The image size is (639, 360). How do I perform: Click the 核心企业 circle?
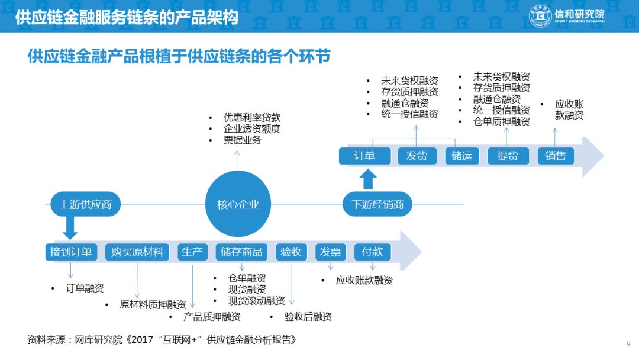238,204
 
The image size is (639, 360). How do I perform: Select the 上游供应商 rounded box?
86,204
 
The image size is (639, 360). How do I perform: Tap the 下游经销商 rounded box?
377,204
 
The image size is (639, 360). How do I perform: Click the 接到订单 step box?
72,252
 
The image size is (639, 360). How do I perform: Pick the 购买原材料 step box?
137,252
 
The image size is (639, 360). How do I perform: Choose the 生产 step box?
192,252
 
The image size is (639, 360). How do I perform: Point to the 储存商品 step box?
241,252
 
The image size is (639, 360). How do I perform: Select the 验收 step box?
291,252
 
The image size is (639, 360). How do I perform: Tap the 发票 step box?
331,252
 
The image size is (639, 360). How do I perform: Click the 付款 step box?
373,252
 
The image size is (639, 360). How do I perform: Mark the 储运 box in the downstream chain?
461,156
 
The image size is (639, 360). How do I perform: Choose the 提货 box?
508,156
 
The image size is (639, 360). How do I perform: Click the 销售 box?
556,156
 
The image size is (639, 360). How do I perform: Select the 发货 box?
417,156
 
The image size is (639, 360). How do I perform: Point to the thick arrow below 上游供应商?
70,227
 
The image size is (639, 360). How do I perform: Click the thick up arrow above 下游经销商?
368,179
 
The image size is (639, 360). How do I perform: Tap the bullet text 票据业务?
243,140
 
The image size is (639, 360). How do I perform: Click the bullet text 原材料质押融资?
153,304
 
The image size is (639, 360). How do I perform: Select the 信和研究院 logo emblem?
540,16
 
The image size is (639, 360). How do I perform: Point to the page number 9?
628,343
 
